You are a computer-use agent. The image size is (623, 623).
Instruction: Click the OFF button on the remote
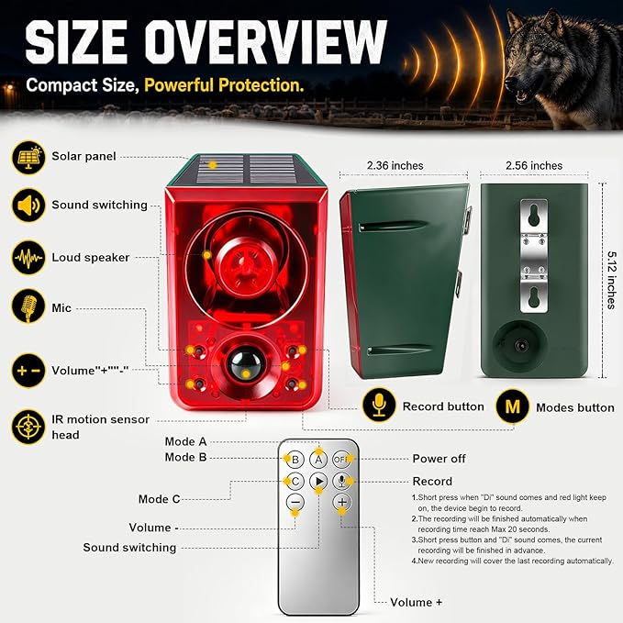pos(341,460)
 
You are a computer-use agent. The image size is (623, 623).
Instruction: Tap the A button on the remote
pos(318,460)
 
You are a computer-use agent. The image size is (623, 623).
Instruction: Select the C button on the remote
pos(295,482)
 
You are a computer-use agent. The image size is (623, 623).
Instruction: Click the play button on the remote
pos(318,482)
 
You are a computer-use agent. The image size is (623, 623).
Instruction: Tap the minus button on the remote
pos(295,502)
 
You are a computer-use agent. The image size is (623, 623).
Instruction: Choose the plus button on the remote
pos(342,502)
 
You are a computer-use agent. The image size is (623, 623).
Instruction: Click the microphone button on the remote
pos(341,482)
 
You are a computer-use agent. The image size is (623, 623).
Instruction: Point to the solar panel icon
pos(28,157)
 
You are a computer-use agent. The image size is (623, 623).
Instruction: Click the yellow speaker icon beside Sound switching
pos(28,206)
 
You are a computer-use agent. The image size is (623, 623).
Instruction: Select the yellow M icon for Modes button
pos(513,406)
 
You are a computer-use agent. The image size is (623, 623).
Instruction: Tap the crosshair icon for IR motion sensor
pos(28,427)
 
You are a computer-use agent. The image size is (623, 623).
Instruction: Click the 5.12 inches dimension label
pos(612,280)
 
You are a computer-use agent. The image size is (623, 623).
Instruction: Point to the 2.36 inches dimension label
pos(395,166)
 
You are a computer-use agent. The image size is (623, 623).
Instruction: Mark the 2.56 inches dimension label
pos(534,166)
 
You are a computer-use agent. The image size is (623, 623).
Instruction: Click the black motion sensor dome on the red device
pos(246,363)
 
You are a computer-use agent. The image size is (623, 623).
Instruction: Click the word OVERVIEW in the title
pos(265,41)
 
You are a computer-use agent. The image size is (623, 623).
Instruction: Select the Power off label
pos(439,459)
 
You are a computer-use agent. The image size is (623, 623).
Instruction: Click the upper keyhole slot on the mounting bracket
pos(534,215)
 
